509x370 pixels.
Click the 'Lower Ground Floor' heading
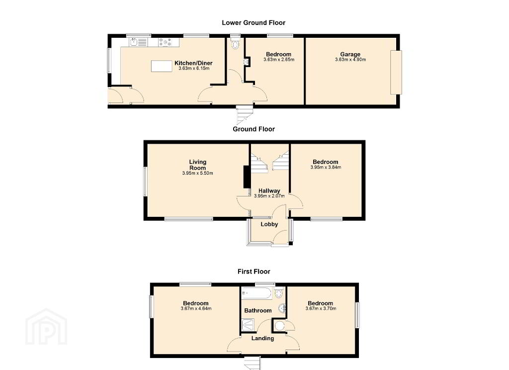(254, 23)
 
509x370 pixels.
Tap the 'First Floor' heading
(254, 271)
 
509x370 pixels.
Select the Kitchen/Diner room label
(193, 63)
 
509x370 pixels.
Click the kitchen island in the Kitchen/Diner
(162, 66)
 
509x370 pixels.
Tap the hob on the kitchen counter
(165, 42)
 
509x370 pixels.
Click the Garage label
(350, 54)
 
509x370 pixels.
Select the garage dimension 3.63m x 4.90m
(350, 60)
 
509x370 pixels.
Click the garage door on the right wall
(396, 72)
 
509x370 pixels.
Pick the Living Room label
(198, 165)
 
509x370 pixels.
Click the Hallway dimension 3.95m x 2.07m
(269, 196)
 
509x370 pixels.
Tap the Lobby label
(269, 224)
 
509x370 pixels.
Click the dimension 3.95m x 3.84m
(326, 168)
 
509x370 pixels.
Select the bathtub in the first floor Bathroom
(256, 293)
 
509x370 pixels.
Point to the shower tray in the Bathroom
(248, 325)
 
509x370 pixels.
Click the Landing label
(262, 338)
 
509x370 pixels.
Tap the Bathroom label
(258, 310)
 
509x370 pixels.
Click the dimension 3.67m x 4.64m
(196, 309)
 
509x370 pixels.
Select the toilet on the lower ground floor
(235, 44)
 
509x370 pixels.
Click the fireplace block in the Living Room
(247, 177)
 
